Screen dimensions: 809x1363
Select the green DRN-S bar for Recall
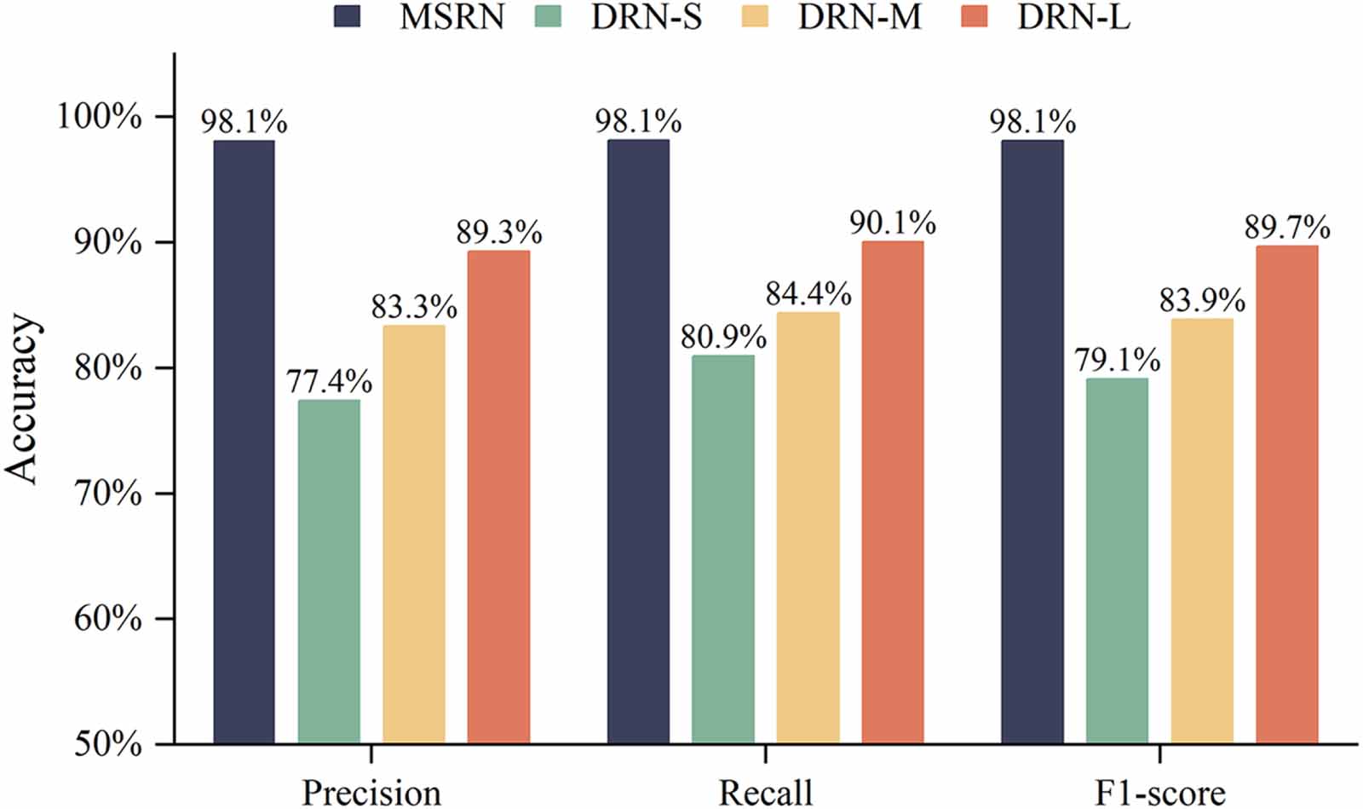pos(722,549)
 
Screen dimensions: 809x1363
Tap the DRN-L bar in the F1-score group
pos(1286,494)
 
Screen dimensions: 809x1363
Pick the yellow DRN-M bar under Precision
pos(413,534)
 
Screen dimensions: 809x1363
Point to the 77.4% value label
pos(329,381)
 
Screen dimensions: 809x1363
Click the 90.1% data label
pos(893,223)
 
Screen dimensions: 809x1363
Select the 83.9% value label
pos(1201,300)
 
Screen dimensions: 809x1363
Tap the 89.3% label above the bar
pos(498,232)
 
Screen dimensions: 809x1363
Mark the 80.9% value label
pos(722,338)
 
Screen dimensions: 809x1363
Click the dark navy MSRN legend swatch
pos(347,16)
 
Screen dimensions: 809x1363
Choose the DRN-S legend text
pos(647,17)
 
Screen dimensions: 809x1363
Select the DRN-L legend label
pos(1073,17)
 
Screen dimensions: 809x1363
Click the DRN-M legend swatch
pos(754,16)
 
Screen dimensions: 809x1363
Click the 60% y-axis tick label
pos(107,619)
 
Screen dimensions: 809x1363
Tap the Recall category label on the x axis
pos(765,793)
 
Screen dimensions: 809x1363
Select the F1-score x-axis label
pos(1159,793)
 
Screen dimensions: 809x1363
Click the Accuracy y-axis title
pos(22,399)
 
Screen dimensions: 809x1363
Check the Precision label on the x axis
pos(371,793)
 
